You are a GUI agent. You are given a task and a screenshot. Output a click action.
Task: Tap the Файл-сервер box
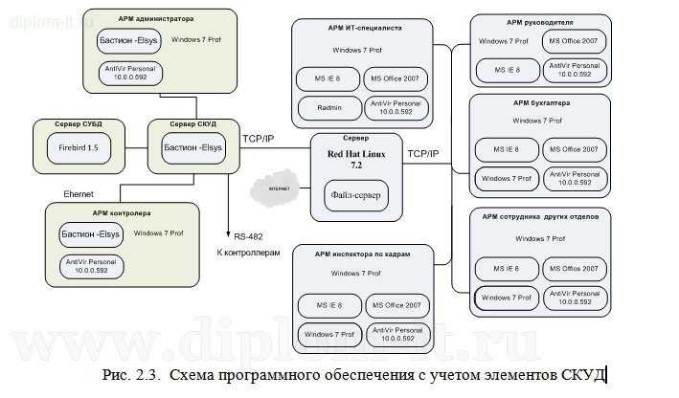coord(356,196)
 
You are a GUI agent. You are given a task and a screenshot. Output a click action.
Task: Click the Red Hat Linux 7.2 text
coord(355,159)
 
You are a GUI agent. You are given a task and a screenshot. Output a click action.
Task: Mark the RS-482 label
coord(248,235)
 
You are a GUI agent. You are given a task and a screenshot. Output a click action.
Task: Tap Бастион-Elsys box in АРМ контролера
coord(91,233)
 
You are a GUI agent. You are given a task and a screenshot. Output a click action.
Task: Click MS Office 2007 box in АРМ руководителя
coord(573,42)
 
